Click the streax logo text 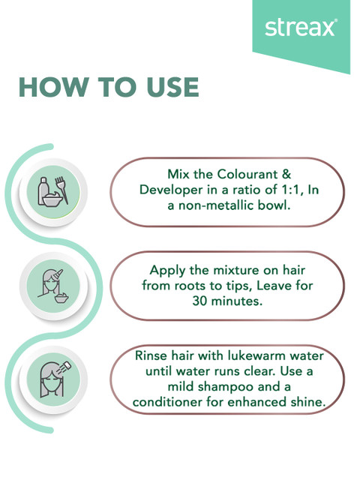pos(301,28)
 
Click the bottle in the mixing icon pos(43,191)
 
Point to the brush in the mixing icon pos(61,190)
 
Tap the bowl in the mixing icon pos(52,199)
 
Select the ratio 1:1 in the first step pos(290,190)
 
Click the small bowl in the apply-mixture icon pos(61,298)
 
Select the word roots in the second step pos(190,286)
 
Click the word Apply pos(167,271)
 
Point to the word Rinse pos(151,355)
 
